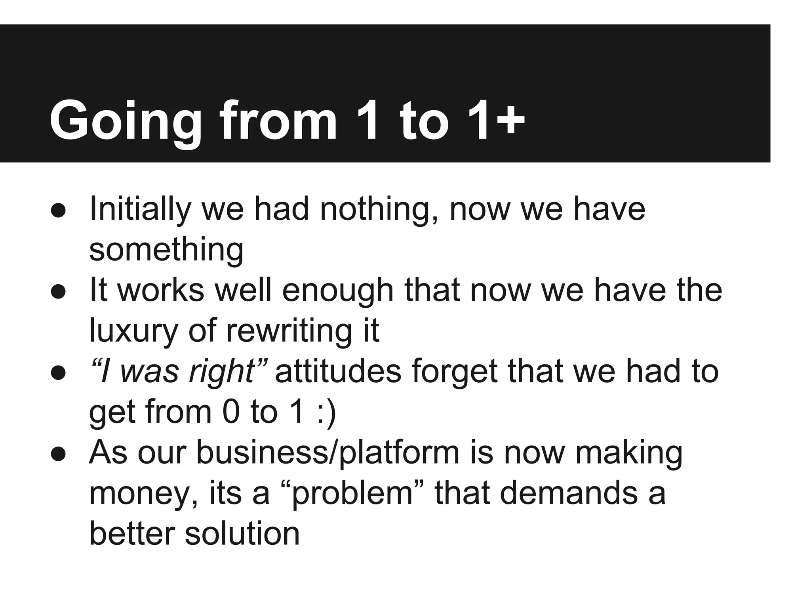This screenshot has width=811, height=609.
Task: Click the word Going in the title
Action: point(125,121)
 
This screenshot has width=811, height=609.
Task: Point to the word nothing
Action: point(379,209)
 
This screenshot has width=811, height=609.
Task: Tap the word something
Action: point(166,251)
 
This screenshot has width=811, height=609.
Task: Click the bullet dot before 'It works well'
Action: point(58,292)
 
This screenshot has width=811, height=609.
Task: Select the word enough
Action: point(337,292)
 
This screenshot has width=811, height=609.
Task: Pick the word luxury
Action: point(133,331)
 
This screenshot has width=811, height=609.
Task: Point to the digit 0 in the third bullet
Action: point(231,412)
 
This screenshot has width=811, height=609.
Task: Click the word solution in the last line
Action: point(242,534)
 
